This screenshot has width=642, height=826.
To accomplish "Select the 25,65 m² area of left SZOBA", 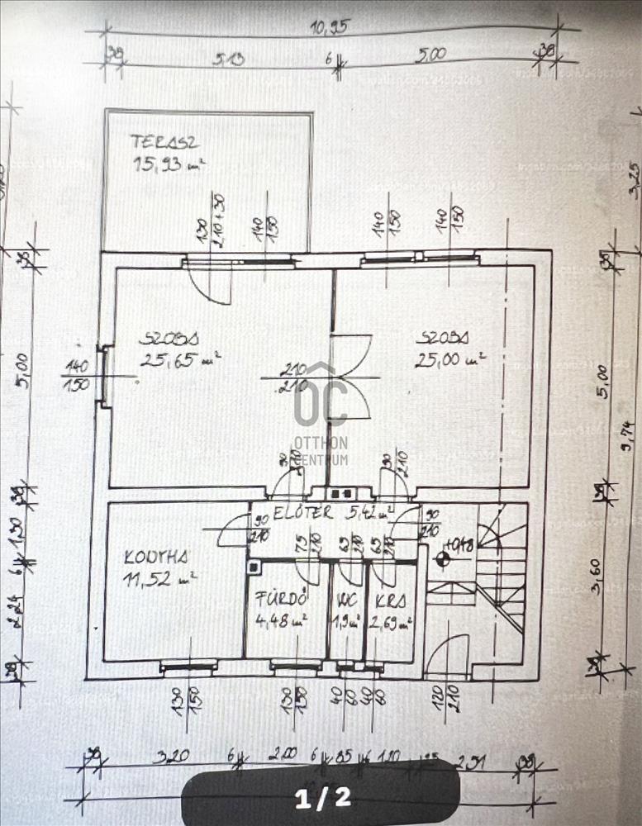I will (x=180, y=358).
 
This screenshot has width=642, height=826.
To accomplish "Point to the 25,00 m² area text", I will (x=449, y=359).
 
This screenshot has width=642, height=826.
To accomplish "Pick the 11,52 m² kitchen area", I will (x=159, y=579).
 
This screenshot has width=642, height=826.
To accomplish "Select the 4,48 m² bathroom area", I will (x=281, y=620).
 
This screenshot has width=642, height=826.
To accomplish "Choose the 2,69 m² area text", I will (x=391, y=622).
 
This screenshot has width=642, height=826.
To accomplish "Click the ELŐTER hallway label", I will (x=303, y=512).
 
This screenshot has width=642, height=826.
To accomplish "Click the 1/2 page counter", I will (x=323, y=797).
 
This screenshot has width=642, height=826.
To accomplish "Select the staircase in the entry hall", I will (x=497, y=570).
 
